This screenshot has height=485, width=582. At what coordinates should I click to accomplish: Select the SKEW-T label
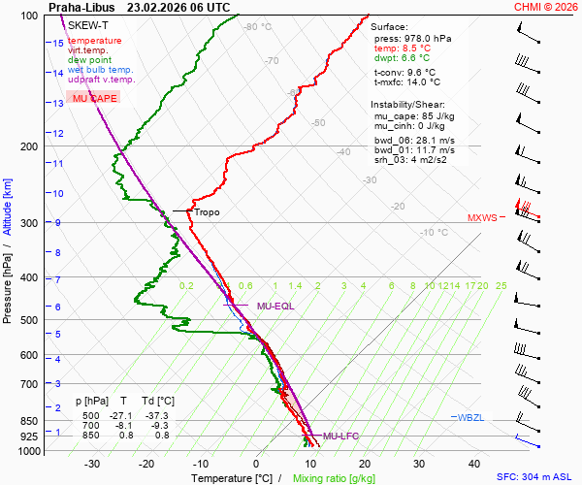point(89,24)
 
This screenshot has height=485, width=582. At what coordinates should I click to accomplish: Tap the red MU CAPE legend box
point(94,99)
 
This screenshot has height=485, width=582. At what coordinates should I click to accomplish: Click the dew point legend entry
point(91,60)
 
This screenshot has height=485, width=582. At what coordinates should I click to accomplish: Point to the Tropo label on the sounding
point(207,212)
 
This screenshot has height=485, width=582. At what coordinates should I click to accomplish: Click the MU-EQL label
point(275,307)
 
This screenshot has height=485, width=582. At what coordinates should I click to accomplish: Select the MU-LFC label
point(340,436)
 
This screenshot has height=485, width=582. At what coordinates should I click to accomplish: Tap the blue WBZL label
point(469,417)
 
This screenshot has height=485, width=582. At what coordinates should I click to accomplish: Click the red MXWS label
point(481,217)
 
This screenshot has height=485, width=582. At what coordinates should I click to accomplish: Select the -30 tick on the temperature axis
point(93,464)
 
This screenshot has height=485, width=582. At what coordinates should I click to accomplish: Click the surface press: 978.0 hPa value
point(412,38)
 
